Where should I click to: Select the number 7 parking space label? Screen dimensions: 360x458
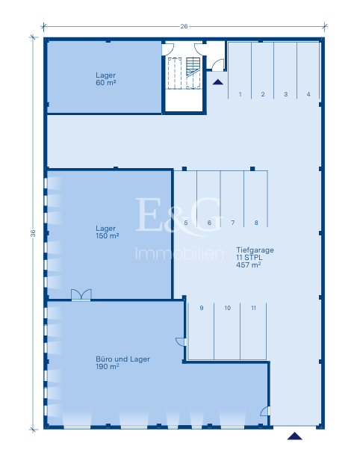coord(233,223)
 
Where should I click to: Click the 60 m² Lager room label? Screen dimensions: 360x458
coord(106,79)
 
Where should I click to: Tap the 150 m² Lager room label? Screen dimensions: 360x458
coord(107,232)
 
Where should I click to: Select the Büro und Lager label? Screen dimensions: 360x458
coord(122,362)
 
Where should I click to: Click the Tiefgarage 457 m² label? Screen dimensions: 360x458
coord(255,257)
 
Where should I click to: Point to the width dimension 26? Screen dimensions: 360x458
coord(184,26)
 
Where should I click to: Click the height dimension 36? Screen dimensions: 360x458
coord(33,233)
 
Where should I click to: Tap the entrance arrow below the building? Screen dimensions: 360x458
coord(294,436)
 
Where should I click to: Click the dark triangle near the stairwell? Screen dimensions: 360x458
coord(218,82)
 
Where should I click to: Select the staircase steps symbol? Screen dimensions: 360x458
coord(193,66)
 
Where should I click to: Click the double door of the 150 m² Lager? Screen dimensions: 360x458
coord(81,294)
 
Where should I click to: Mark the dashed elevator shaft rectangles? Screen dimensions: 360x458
coord(184,73)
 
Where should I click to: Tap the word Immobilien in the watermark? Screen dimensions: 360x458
coord(179,253)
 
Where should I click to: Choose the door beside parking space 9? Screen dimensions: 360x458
coord(181,341)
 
